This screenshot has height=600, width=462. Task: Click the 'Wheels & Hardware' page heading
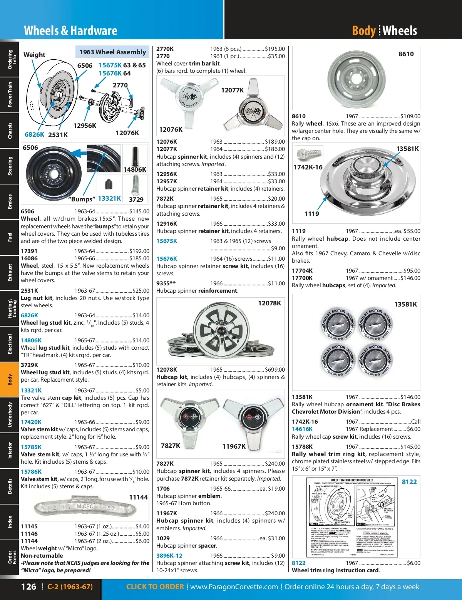point(70,31)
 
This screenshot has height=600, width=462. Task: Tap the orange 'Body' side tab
point(10,379)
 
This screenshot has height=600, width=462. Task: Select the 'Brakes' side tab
point(10,201)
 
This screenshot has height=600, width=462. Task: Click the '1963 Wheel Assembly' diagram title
point(112,52)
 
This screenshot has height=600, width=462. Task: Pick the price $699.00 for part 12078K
point(275,370)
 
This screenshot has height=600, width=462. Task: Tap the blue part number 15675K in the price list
point(167,241)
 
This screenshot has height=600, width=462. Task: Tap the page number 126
point(28,587)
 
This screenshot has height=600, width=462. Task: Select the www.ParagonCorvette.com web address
point(234,587)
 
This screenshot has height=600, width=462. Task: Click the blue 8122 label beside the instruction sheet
point(409,482)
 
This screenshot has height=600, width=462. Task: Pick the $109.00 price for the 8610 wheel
point(410,116)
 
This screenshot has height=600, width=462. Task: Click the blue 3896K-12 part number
point(169,556)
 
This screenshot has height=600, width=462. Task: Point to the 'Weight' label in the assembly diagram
point(34,55)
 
